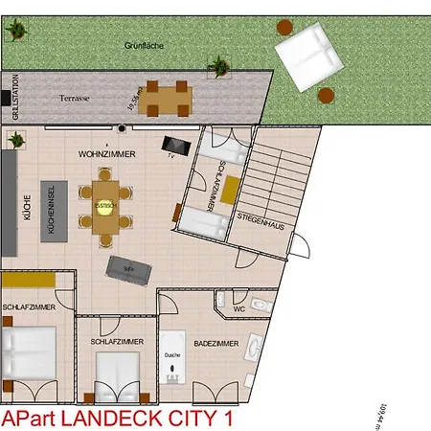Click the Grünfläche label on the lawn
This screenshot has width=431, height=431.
[x=138, y=45]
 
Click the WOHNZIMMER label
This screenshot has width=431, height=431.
[x=107, y=153]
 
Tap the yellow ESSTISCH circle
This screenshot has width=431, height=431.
[x=105, y=206]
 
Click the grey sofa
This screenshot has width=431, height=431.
[x=127, y=269]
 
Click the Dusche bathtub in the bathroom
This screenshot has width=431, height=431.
[x=172, y=356]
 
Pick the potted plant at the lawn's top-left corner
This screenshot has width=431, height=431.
[x=13, y=30]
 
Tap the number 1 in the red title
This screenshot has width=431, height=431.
[x=227, y=419]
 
